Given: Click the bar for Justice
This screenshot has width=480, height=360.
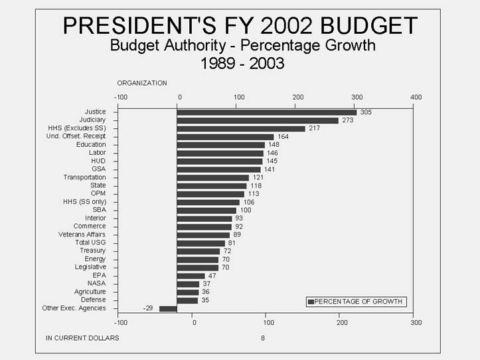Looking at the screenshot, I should pos(266,112).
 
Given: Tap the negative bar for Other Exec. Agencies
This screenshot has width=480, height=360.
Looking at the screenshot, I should pos(168,308).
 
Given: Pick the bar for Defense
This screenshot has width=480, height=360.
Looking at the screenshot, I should pos(187,300).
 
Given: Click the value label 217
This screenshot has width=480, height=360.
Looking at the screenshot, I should pos(315,128).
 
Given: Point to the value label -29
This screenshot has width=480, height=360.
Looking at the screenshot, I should pos(149,308).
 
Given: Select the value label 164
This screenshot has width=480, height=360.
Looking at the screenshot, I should pos(283,136).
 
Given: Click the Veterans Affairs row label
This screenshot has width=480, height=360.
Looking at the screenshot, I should pos(82,234).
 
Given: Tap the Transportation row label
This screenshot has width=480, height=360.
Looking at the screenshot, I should pos(84,177).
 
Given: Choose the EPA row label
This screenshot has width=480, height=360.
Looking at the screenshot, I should pos(99,275).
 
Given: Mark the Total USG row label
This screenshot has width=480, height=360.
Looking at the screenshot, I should pos(90,242).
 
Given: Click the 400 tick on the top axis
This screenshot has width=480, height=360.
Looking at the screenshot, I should pos(416,97).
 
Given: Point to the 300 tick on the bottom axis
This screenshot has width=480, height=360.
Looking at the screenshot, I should pos(416,323).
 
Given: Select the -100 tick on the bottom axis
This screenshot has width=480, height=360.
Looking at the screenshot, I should pos(120,323).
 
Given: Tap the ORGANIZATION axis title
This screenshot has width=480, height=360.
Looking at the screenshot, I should pos(142,83).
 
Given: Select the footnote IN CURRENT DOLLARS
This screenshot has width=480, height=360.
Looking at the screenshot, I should pos(82,338).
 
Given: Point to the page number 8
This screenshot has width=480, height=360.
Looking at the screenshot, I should pos(262,338).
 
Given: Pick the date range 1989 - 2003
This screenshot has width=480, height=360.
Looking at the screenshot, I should pos(242,64).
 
